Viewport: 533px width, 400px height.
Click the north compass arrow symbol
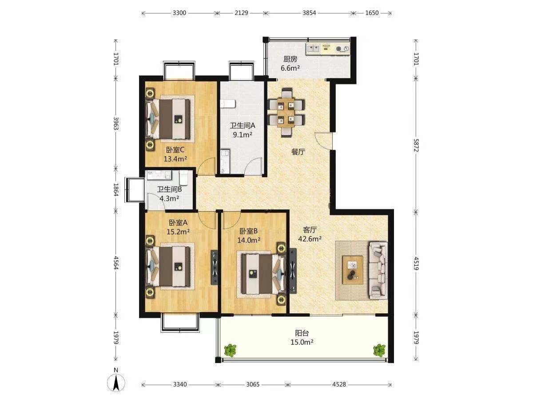(x=116, y=385)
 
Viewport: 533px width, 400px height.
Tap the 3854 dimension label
(x=309, y=12)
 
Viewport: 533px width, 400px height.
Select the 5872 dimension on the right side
(x=416, y=145)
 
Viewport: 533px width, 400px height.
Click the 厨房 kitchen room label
(x=290, y=59)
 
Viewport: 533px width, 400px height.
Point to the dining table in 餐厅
(x=286, y=113)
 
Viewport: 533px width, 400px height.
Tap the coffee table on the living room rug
(x=353, y=270)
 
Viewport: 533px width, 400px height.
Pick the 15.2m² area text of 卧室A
(x=178, y=232)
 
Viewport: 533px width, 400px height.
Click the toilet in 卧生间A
(x=228, y=104)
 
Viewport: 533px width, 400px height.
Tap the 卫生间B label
(x=169, y=189)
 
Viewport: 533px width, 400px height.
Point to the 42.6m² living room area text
(x=310, y=239)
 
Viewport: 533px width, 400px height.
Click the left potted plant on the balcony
(x=230, y=350)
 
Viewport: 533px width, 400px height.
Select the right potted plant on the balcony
(x=379, y=350)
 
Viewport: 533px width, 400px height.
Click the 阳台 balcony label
(x=302, y=333)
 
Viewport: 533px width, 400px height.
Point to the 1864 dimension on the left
(x=116, y=190)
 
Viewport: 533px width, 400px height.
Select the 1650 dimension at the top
(x=372, y=12)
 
